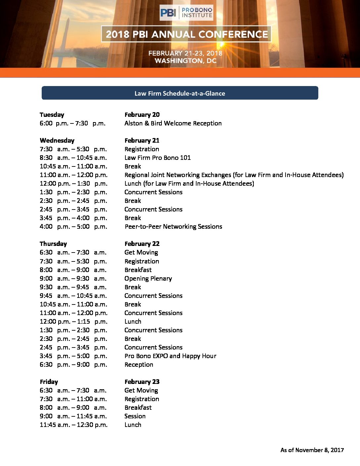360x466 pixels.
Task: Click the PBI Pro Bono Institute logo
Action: point(186,13)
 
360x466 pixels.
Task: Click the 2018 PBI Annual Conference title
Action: point(187,34)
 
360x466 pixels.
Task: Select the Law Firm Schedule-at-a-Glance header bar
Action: point(180,93)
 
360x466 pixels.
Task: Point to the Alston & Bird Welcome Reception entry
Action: point(173,123)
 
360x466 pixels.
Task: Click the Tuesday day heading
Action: point(52,115)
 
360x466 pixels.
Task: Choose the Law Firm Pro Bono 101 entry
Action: point(157,158)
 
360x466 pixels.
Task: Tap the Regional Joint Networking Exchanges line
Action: point(234,175)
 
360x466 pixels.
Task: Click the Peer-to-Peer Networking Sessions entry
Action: point(173,226)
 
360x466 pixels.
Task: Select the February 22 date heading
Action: point(142,244)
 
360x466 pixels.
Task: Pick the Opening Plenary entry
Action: point(148,278)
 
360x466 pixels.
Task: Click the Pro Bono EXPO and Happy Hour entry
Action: point(170,356)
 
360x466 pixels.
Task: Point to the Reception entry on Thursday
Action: point(139,364)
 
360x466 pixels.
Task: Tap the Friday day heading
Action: point(49,382)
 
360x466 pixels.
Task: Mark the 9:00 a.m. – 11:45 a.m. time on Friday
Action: point(73,416)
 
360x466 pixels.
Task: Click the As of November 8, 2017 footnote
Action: point(312,450)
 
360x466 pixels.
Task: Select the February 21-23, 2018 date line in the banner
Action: point(185,53)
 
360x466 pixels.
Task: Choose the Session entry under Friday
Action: point(135,416)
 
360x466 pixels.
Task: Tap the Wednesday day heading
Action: point(57,140)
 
